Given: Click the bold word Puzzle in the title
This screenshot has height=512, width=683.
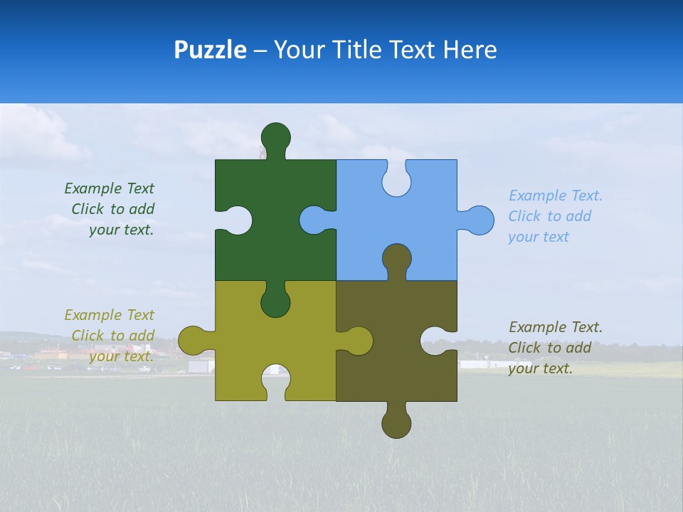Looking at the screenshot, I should pos(210,50).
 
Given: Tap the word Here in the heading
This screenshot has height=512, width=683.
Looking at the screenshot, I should pos(470,50).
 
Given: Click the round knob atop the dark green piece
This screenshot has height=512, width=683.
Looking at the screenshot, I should pos(275,137).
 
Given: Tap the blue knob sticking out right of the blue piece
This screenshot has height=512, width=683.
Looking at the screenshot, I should pos(480,220).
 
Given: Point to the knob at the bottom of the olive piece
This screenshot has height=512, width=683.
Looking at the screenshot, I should pos(396,425).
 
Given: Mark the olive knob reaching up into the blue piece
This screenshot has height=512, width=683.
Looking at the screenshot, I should pos(396,257).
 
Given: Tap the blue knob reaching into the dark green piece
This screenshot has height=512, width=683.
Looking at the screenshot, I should pos(313,220).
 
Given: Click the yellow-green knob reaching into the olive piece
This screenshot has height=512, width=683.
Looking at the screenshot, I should pos(359,341).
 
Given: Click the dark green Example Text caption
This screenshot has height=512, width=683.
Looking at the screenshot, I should pos(110,209).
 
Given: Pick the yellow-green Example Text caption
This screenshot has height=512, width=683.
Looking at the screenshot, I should pos(110,336).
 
